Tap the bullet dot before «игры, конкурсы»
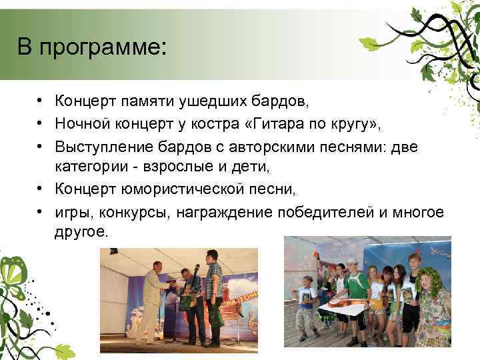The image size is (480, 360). point(41,211)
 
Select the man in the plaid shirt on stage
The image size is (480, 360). point(213,293)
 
